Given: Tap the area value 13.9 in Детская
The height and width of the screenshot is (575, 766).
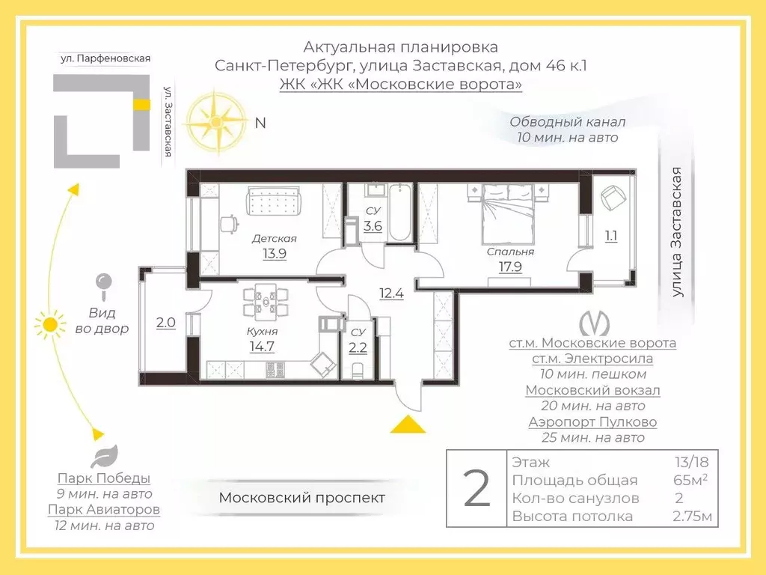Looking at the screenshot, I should [x=274, y=253].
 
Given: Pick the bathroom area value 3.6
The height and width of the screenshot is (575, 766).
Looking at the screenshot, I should [x=373, y=225].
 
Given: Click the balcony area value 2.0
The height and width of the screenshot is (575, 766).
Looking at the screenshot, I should [x=165, y=323].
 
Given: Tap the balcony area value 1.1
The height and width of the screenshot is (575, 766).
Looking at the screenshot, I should [x=611, y=237].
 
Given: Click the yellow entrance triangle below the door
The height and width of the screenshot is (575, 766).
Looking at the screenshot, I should [x=408, y=425].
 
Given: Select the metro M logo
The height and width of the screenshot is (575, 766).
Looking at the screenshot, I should [x=595, y=322].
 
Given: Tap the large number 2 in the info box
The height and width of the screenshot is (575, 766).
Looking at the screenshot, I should [x=477, y=489].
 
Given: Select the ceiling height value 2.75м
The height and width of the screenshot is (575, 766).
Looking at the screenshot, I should [x=692, y=517].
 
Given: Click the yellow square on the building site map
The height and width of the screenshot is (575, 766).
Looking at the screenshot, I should [x=139, y=104].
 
